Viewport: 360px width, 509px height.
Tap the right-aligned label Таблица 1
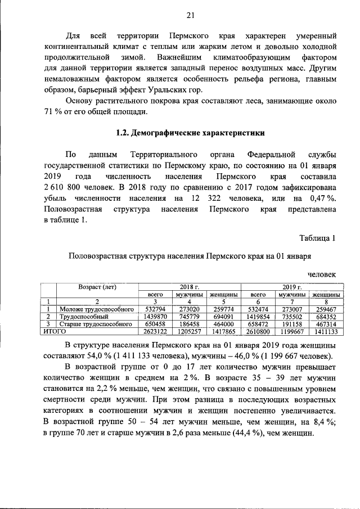[x=318, y=238]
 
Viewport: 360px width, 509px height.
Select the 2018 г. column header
[x=190, y=286]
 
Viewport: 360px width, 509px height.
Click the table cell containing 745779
[x=188, y=317]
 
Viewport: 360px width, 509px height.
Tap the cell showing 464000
[x=223, y=324]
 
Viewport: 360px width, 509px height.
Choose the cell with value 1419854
[x=258, y=317]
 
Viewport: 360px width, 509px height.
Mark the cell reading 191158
[x=291, y=324]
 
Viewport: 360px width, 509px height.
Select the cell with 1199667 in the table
[x=291, y=332]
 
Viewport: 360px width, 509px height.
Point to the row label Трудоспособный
[x=80, y=317]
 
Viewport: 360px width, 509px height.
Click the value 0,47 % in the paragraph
[x=323, y=199]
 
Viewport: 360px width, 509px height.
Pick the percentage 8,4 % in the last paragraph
[x=323, y=425]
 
